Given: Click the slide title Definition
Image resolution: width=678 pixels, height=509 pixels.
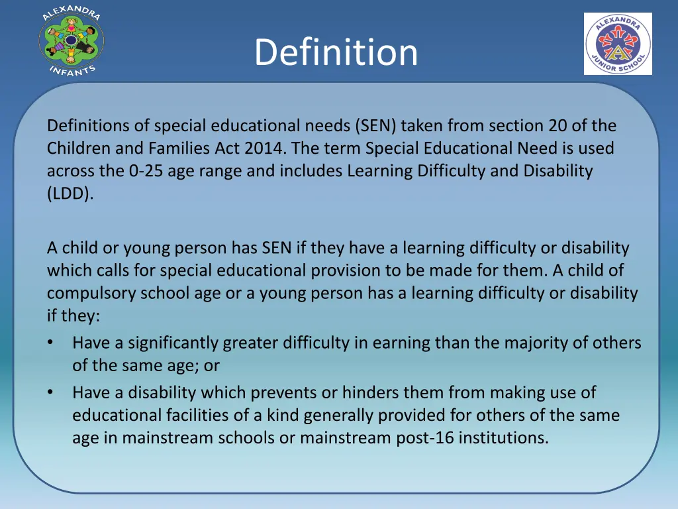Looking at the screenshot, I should pos(336,52).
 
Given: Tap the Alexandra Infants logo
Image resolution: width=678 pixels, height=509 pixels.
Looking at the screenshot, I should pos(71,42).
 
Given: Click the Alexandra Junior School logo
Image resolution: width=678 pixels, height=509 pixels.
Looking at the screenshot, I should pos(618,44).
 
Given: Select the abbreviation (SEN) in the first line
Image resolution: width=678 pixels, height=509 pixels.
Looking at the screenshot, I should pos(375,125).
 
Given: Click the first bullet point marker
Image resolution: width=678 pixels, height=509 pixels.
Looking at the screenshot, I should pos(51,343).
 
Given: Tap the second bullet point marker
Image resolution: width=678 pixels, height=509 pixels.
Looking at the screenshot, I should pos(51,392).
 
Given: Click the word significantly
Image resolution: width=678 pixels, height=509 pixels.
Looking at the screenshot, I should pos(173,343).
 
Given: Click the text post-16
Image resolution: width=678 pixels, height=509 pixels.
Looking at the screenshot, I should pos(437,437).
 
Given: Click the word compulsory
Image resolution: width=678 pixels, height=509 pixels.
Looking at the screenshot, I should pos(91,293).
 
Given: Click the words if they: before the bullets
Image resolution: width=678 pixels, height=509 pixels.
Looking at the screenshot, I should pos(73,315).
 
